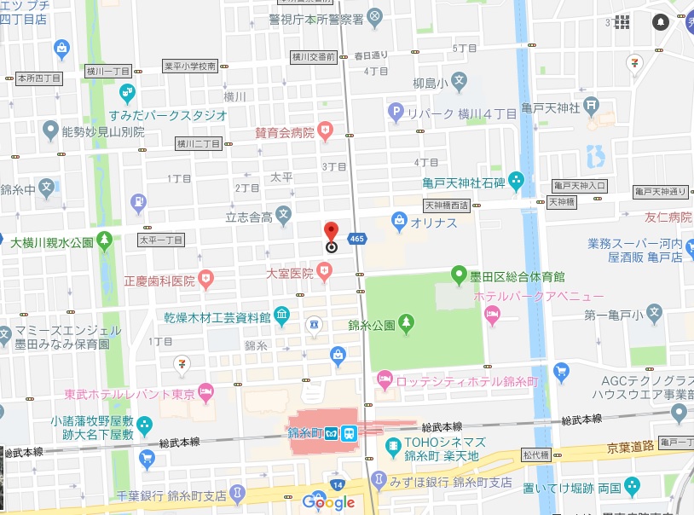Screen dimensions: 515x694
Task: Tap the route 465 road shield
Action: pyautogui.click(x=358, y=239)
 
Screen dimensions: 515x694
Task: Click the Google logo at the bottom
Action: pyautogui.click(x=328, y=502)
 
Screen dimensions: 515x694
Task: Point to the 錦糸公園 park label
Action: pyautogui.click(x=372, y=325)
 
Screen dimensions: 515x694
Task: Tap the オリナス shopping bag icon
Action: pyautogui.click(x=399, y=222)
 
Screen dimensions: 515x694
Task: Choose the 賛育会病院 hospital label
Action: pyautogui.click(x=285, y=131)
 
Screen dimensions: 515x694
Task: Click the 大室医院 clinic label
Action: pyautogui.click(x=290, y=273)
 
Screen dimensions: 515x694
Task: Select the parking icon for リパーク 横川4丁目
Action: pyautogui.click(x=395, y=112)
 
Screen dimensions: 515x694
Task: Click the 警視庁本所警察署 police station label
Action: pyautogui.click(x=315, y=18)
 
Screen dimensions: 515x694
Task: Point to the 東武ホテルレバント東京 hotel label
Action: pyautogui.click(x=130, y=395)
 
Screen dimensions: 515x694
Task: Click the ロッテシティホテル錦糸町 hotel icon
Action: pyautogui.click(x=385, y=377)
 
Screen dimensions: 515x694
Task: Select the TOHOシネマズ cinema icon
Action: pyautogui.click(x=393, y=445)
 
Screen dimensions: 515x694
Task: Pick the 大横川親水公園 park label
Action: pyautogui.click(x=51, y=242)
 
